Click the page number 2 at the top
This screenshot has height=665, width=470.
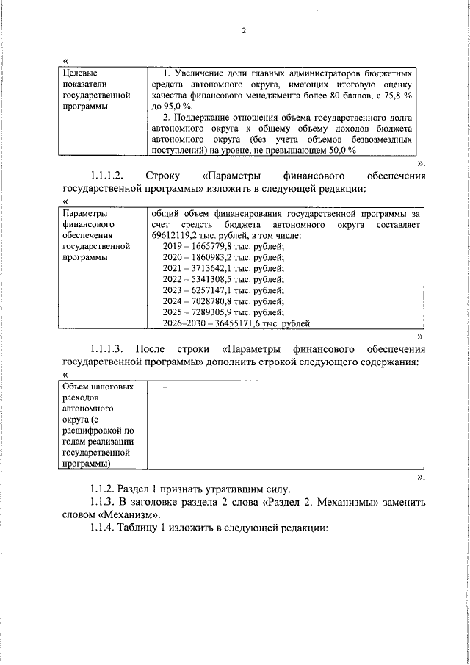pyautogui.click(x=242, y=31)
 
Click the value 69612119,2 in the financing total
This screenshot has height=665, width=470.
pyautogui.click(x=176, y=234)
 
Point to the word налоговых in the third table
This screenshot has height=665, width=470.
pyautogui.click(x=110, y=386)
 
